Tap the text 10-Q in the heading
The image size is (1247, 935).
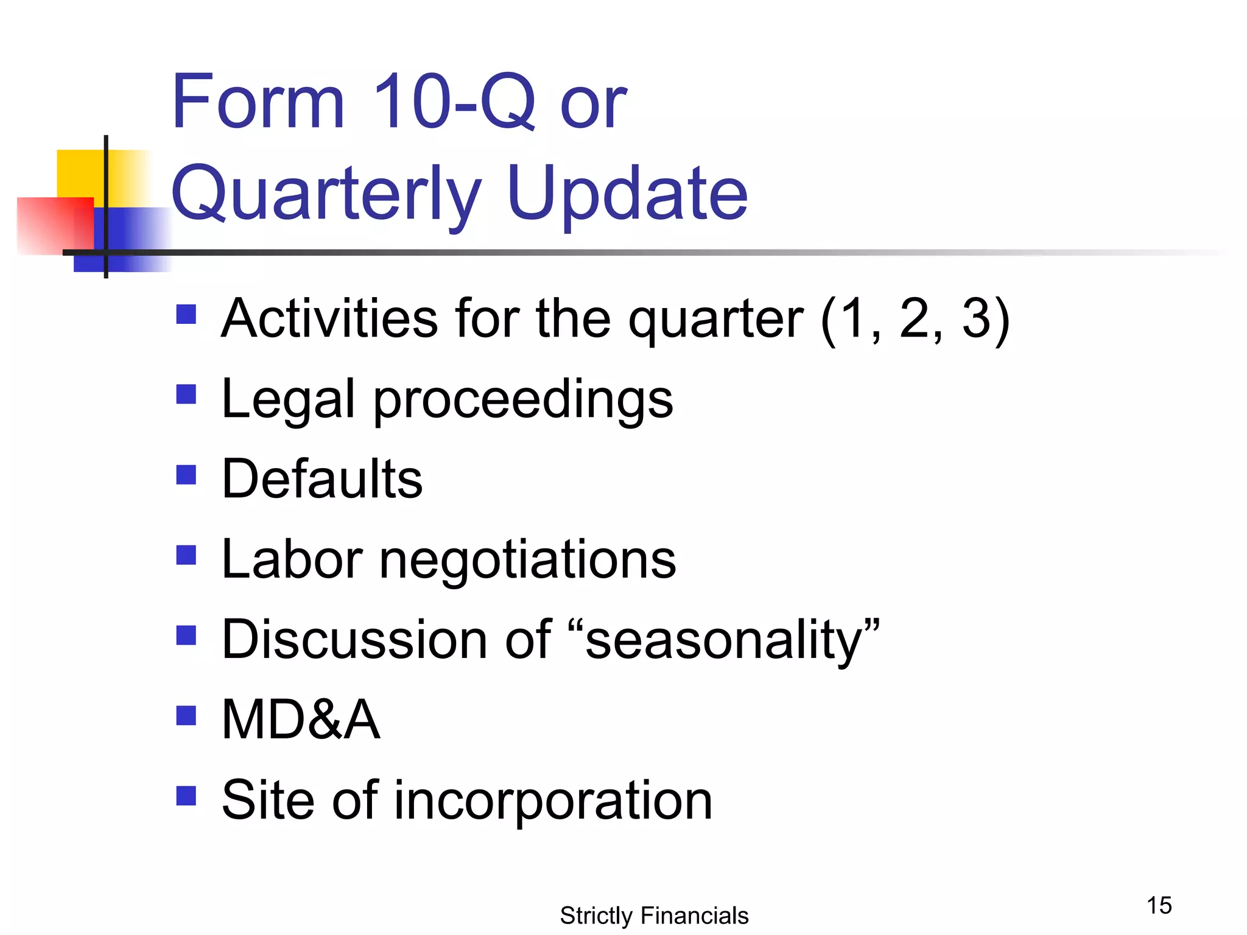click(x=454, y=102)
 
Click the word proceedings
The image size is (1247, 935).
click(x=523, y=400)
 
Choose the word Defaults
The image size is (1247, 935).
click(x=322, y=479)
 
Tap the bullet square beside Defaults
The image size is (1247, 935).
click(x=186, y=474)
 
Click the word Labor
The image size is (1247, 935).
click(x=292, y=559)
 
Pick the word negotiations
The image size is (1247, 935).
click(x=527, y=561)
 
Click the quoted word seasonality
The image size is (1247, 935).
click(x=725, y=640)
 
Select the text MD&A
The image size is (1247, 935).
click(x=301, y=720)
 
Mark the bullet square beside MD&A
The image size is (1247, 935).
click(x=186, y=715)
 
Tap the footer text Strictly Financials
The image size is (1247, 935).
click(x=654, y=916)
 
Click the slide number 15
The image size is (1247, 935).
click(x=1159, y=905)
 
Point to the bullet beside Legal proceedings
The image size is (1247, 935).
click(x=186, y=394)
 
